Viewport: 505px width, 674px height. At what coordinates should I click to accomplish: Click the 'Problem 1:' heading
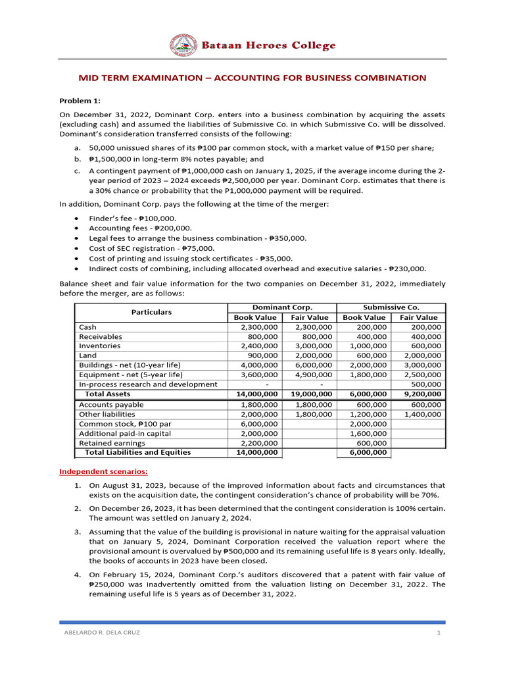(80, 101)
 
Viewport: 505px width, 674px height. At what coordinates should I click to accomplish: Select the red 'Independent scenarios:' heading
(104, 471)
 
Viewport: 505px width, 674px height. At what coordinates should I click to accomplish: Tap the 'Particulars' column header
(151, 312)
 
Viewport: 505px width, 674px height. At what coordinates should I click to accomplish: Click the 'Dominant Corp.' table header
(282, 307)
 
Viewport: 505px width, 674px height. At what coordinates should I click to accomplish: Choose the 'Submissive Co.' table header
(391, 307)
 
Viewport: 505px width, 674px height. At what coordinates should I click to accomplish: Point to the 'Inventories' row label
(100, 346)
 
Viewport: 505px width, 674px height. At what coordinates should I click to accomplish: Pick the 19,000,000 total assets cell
(310, 394)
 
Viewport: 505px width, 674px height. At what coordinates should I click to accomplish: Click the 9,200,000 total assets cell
(419, 394)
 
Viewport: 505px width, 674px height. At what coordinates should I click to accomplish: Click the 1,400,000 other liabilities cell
(419, 415)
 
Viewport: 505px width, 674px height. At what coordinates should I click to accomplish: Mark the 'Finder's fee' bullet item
(133, 218)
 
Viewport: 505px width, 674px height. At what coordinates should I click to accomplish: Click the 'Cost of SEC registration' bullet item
(152, 248)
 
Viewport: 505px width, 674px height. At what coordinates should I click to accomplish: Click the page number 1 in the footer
(437, 633)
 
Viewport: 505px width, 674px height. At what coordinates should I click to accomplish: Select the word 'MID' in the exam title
(89, 78)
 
